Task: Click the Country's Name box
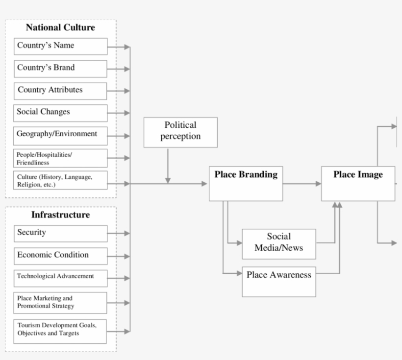[x=60, y=46]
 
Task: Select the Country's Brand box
[x=60, y=69]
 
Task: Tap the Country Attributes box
[x=60, y=91]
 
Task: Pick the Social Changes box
[x=60, y=113]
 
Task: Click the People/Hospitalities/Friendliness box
[x=60, y=158]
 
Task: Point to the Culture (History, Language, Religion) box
[x=60, y=180]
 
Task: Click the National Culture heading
[x=60, y=27]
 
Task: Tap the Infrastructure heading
[x=60, y=215]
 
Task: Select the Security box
[x=60, y=233]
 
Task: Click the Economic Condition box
[x=60, y=256]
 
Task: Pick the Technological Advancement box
[x=60, y=278]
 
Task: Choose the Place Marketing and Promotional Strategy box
[x=60, y=303]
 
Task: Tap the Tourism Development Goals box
[x=60, y=331]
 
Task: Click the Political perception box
[x=180, y=132]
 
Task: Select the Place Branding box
[x=246, y=183]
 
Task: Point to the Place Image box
[x=358, y=183]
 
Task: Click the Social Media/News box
[x=278, y=243]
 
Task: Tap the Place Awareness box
[x=278, y=281]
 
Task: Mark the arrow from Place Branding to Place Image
[x=302, y=184]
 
